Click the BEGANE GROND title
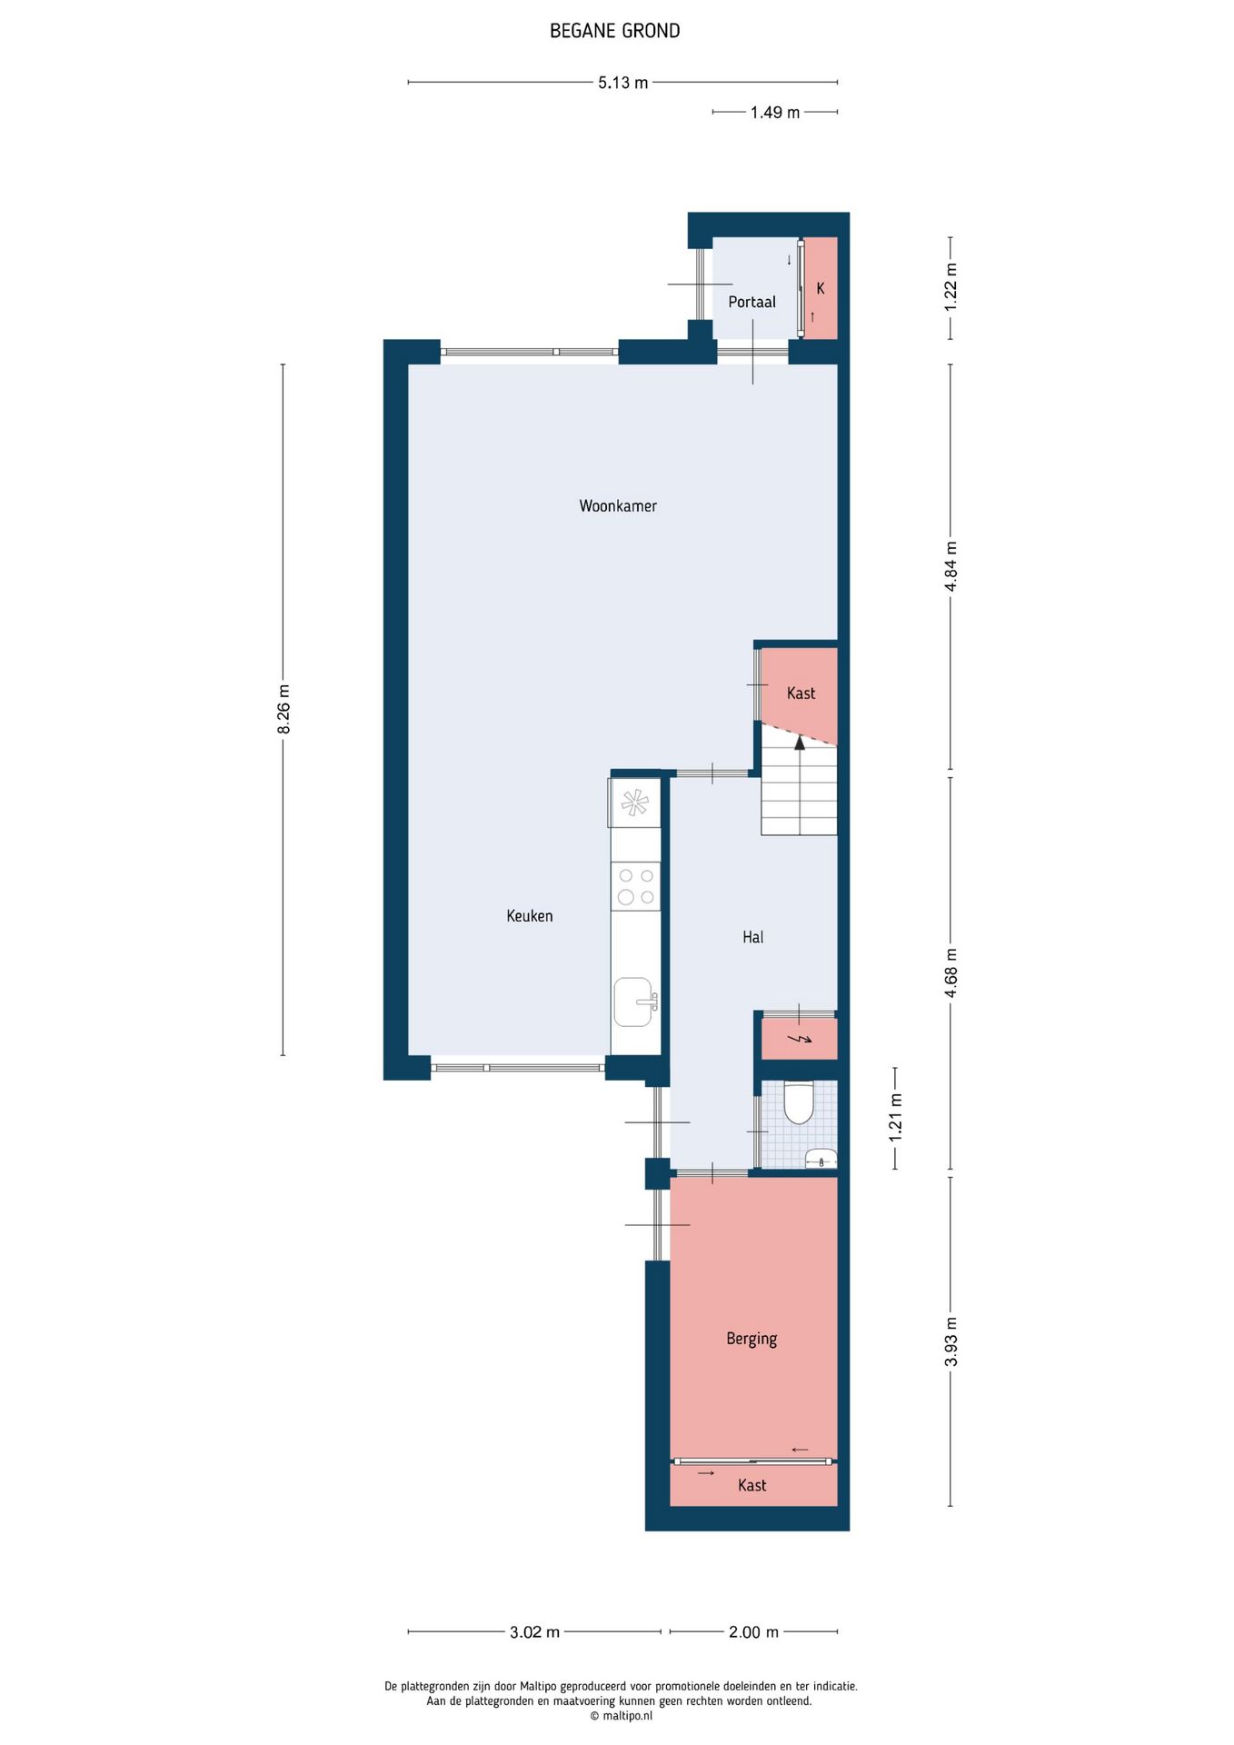(x=614, y=31)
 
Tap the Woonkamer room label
(x=618, y=506)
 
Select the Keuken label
(x=530, y=916)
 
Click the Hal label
(x=753, y=937)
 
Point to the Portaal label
(x=752, y=302)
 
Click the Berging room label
(x=751, y=1339)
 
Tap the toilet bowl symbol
(x=799, y=1102)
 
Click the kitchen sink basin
(x=633, y=1002)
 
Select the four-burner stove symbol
(x=636, y=886)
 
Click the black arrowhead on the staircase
(x=800, y=742)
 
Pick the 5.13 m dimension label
(x=623, y=83)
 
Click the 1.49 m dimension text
(x=775, y=113)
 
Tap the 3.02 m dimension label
(x=534, y=1632)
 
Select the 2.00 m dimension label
(x=753, y=1632)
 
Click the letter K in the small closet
(x=821, y=289)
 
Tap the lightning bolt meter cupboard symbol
(x=800, y=1039)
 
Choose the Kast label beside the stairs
(x=801, y=693)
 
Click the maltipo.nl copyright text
(x=622, y=1716)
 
